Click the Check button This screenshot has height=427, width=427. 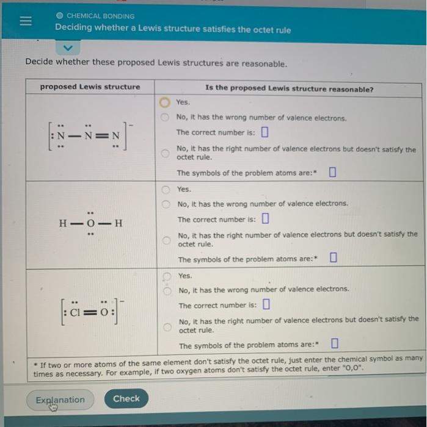126,398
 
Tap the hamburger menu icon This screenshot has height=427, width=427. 24,23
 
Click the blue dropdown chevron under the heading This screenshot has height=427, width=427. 69,48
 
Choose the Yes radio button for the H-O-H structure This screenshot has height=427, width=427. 166,190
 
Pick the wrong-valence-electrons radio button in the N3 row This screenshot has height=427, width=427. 166,117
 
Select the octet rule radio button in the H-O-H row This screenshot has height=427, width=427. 166,239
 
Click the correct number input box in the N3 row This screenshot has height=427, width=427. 265,132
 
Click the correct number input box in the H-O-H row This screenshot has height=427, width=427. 265,218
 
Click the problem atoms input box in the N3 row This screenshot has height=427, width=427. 332,172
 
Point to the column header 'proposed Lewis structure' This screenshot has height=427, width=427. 90,87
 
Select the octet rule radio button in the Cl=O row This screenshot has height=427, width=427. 166,326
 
